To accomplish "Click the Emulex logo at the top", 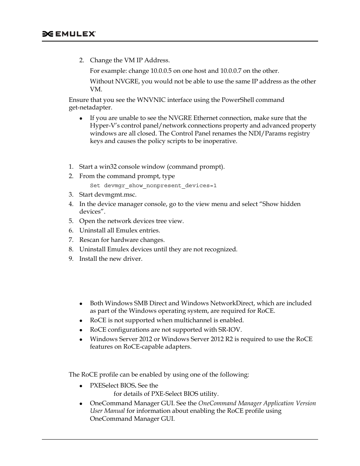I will [x=69, y=34].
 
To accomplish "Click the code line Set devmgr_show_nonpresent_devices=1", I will [x=153, y=186].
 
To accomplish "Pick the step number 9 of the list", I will [x=71, y=259].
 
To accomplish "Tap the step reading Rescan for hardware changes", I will [x=122, y=240].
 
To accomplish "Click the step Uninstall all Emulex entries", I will [x=119, y=231].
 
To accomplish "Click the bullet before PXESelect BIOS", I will [x=81, y=386].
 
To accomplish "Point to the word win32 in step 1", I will [x=106, y=167].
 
